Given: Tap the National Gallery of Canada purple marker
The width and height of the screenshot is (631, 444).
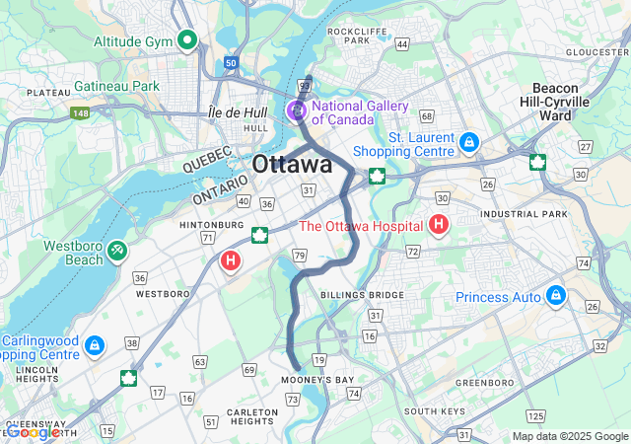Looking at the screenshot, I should click(x=296, y=111).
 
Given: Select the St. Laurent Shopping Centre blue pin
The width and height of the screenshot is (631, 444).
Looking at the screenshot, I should click(x=470, y=143).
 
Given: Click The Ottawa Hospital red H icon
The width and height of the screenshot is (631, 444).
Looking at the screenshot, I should click(x=439, y=226).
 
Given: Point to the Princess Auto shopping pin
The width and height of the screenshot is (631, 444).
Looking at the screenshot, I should click(x=556, y=296).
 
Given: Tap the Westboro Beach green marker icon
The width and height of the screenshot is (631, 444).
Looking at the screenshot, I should click(x=117, y=252).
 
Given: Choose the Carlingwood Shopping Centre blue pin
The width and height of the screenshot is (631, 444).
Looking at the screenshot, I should click(x=94, y=346).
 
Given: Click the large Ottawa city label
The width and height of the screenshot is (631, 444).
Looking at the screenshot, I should click(x=292, y=165).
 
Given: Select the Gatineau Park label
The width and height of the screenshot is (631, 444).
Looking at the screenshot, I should click(x=116, y=87).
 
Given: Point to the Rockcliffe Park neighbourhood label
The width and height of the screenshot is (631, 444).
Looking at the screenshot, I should click(x=349, y=36).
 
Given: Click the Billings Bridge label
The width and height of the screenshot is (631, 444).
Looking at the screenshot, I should click(x=348, y=294).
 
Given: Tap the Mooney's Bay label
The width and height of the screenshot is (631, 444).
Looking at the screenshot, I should click(x=316, y=380).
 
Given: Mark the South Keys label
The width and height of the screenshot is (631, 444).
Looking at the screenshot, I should click(x=434, y=410).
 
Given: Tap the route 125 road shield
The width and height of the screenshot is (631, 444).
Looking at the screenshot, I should click(x=535, y=416).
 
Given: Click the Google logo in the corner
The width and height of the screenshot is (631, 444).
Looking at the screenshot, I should click(x=33, y=432).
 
